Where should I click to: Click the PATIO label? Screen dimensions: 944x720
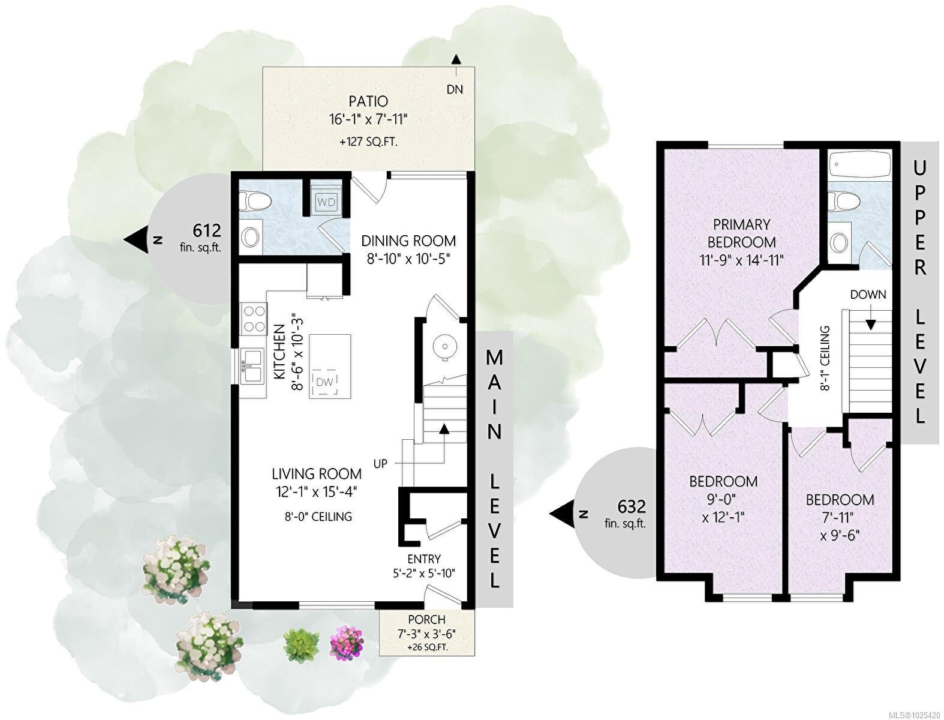(x=368, y=101)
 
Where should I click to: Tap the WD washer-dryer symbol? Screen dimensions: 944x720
(x=326, y=202)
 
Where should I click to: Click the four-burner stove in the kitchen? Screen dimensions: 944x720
(x=254, y=319)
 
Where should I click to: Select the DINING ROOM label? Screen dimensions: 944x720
(x=408, y=241)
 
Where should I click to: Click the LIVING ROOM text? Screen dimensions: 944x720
(x=317, y=474)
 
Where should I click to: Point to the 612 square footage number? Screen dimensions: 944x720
(x=206, y=231)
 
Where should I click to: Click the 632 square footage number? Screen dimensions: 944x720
(x=632, y=506)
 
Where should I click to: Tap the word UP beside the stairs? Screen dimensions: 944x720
(x=380, y=464)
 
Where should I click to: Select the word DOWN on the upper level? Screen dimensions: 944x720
(x=868, y=295)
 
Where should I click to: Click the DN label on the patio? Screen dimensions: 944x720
(x=455, y=89)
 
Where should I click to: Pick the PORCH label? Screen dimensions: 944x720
(x=426, y=619)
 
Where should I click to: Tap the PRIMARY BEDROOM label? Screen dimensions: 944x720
(x=741, y=233)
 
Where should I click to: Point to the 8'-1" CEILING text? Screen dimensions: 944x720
(x=824, y=358)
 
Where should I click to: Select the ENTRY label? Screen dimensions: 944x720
(x=424, y=559)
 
